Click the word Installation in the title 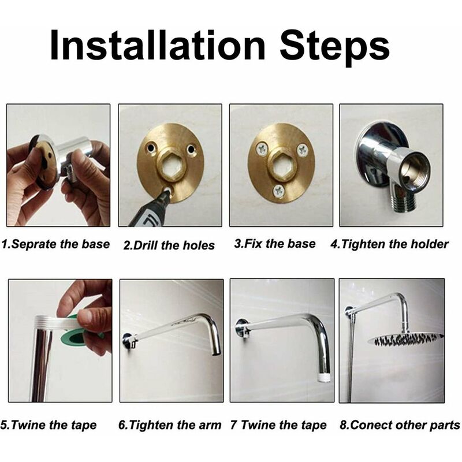pos(158,46)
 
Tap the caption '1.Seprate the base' pos(55,244)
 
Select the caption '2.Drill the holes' pos(169,245)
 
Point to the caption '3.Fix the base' pos(275,244)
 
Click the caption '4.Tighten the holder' pos(389,244)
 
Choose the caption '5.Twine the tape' pos(49,425)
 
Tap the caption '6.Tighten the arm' pos(170,425)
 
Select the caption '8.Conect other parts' pos(400,425)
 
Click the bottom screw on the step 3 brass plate pos(278,192)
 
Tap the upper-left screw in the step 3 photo pos(262,149)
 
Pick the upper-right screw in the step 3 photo pos(302,150)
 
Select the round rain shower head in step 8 pos(405,340)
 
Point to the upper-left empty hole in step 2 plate pos(151,147)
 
